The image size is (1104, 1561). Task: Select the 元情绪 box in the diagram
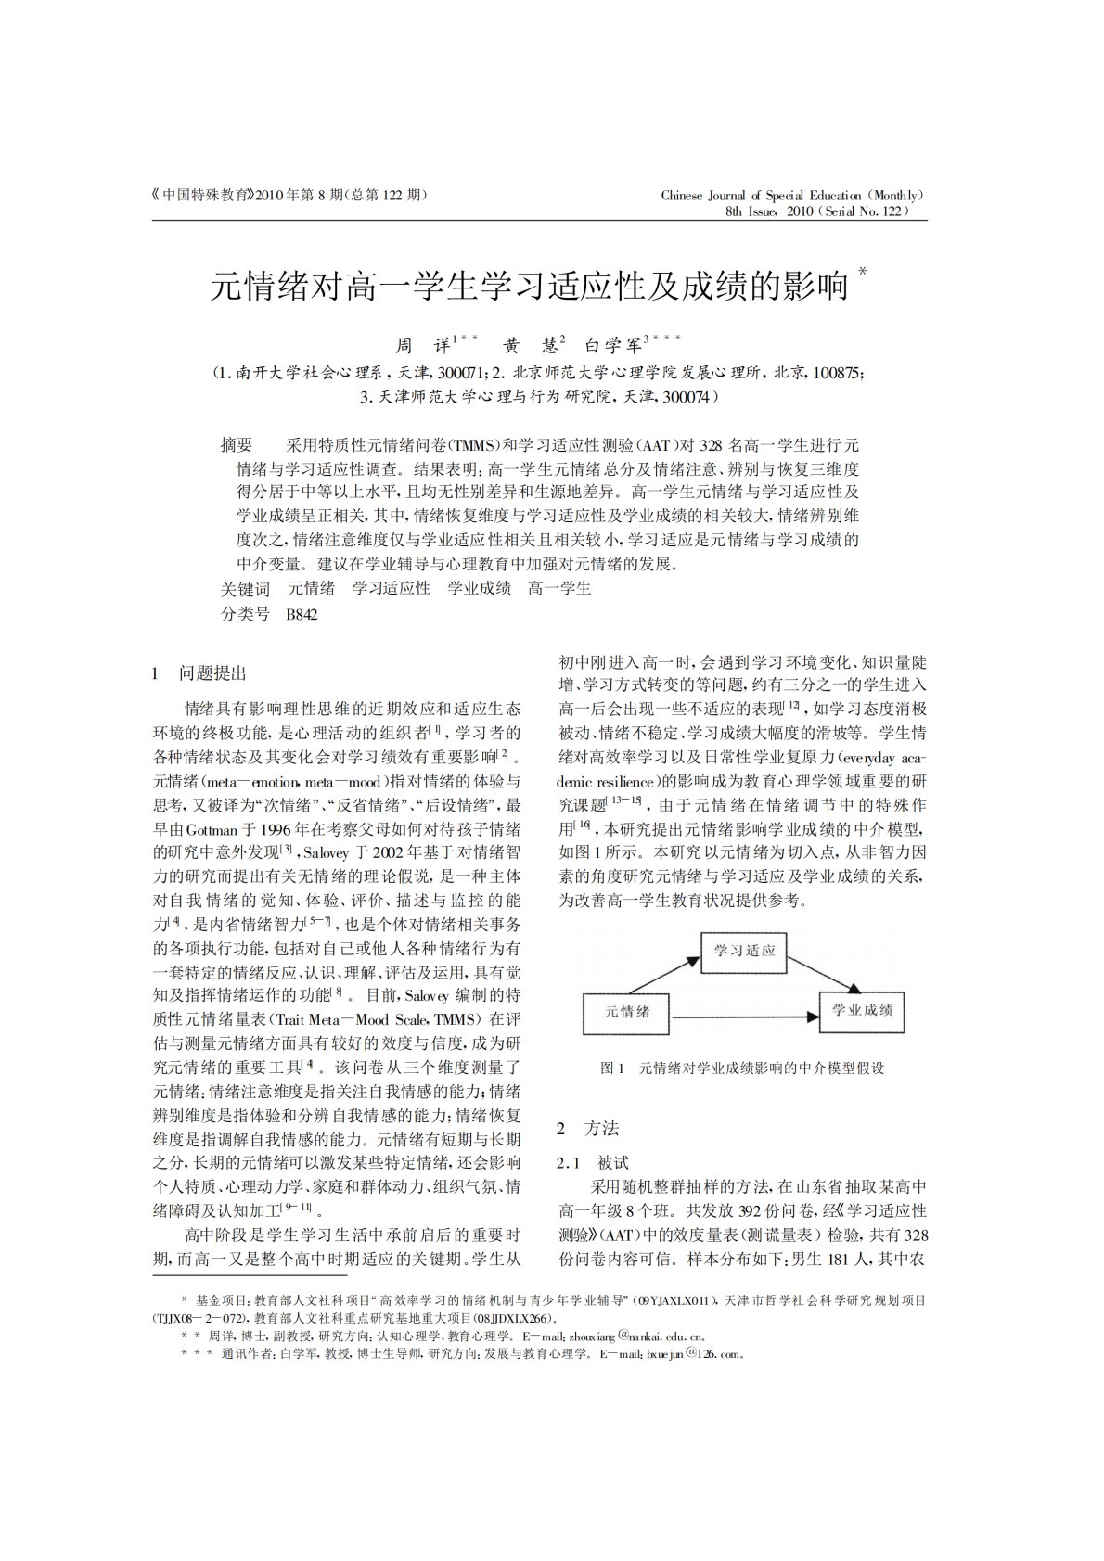[627, 1010]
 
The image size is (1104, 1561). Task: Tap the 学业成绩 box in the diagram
[862, 1010]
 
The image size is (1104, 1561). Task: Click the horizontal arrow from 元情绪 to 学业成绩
[745, 1017]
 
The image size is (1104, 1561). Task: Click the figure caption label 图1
[612, 1068]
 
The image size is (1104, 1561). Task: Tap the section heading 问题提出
[212, 673]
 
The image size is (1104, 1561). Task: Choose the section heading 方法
[601, 1129]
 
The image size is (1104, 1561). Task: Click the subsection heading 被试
[613, 1162]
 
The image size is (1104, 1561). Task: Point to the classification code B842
[302, 614]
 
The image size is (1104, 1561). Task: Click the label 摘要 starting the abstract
[237, 445]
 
